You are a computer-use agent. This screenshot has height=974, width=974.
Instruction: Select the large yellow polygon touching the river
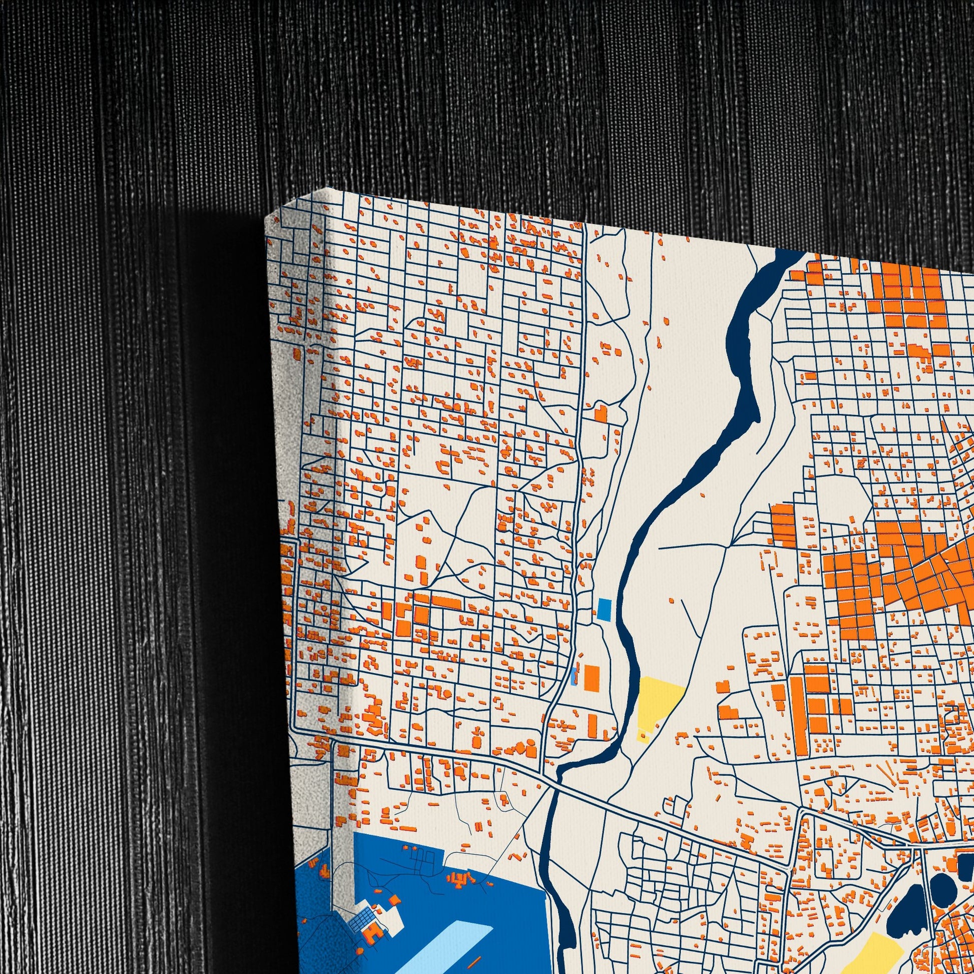[x=658, y=703]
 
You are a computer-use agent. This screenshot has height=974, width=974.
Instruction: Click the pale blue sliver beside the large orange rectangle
[x=574, y=676]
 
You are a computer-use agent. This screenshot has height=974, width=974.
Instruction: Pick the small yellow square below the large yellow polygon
[x=643, y=737]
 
